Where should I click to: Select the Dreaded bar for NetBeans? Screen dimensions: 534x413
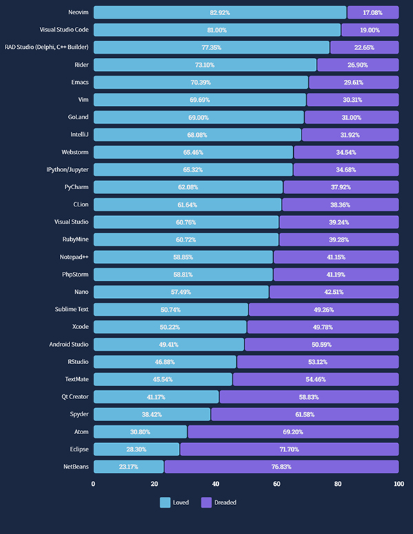click(x=282, y=467)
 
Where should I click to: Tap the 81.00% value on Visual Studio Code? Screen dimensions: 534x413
click(x=217, y=30)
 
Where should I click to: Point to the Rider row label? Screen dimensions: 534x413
click(x=81, y=65)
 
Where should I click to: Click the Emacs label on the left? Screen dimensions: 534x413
click(x=78, y=83)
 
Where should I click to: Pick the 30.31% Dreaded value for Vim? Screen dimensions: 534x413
click(x=352, y=100)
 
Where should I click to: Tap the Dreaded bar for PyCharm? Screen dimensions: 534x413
click(x=341, y=187)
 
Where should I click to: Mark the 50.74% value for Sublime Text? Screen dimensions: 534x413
click(x=171, y=309)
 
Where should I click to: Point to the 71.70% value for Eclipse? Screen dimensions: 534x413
click(x=289, y=449)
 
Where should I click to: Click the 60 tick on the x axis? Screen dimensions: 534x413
click(x=277, y=484)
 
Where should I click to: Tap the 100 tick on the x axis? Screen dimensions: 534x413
click(x=398, y=484)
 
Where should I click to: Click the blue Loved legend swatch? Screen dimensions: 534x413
click(x=165, y=502)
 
